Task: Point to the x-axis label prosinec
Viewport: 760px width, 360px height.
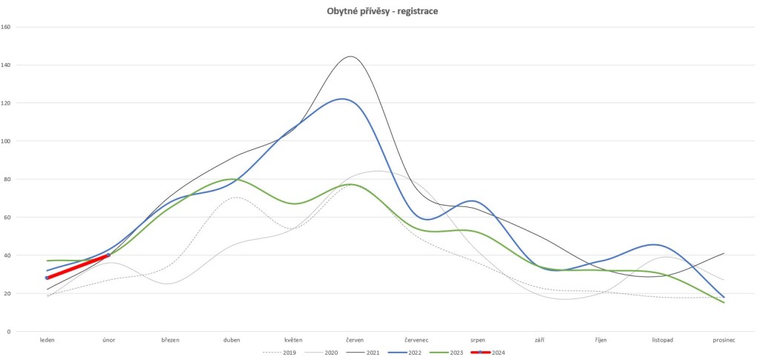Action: (x=724, y=340)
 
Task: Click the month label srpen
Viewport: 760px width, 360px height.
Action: (x=478, y=340)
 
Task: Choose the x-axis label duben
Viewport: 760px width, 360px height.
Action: (x=232, y=340)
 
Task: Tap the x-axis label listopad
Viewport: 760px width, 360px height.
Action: (x=662, y=340)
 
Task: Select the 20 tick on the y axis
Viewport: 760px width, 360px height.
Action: (x=7, y=293)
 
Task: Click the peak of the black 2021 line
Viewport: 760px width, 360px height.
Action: (x=350, y=56)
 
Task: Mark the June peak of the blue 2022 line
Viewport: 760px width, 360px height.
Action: (x=343, y=98)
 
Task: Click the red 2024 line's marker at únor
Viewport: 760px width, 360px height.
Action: (x=108, y=255)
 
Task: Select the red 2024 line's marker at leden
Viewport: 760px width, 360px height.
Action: (x=47, y=278)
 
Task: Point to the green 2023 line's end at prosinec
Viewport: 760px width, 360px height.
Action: (x=724, y=302)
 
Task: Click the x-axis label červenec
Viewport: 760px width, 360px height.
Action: (x=416, y=340)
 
